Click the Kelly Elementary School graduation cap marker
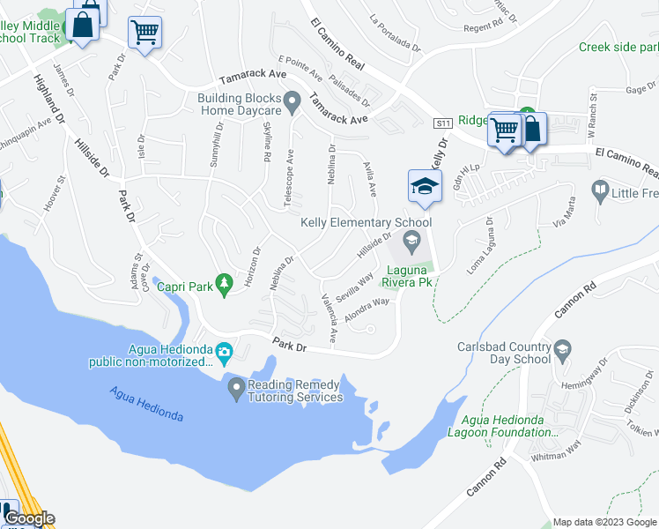[x=424, y=187]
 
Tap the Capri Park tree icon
[x=225, y=283]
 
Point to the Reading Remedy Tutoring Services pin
[x=236, y=387]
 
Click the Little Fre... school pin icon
[x=600, y=190]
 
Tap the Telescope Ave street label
[x=289, y=176]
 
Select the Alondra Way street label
[x=367, y=309]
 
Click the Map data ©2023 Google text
[x=604, y=521]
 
